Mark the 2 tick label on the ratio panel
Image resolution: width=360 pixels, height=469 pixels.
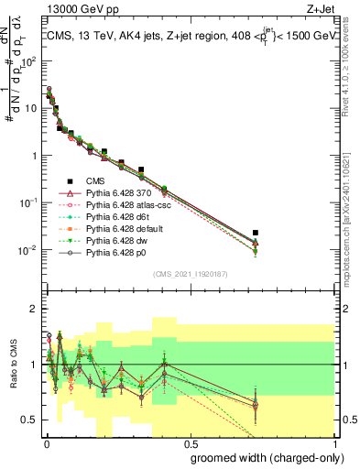pos(33,309)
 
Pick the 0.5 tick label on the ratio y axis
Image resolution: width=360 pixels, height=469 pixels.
pos(29,420)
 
